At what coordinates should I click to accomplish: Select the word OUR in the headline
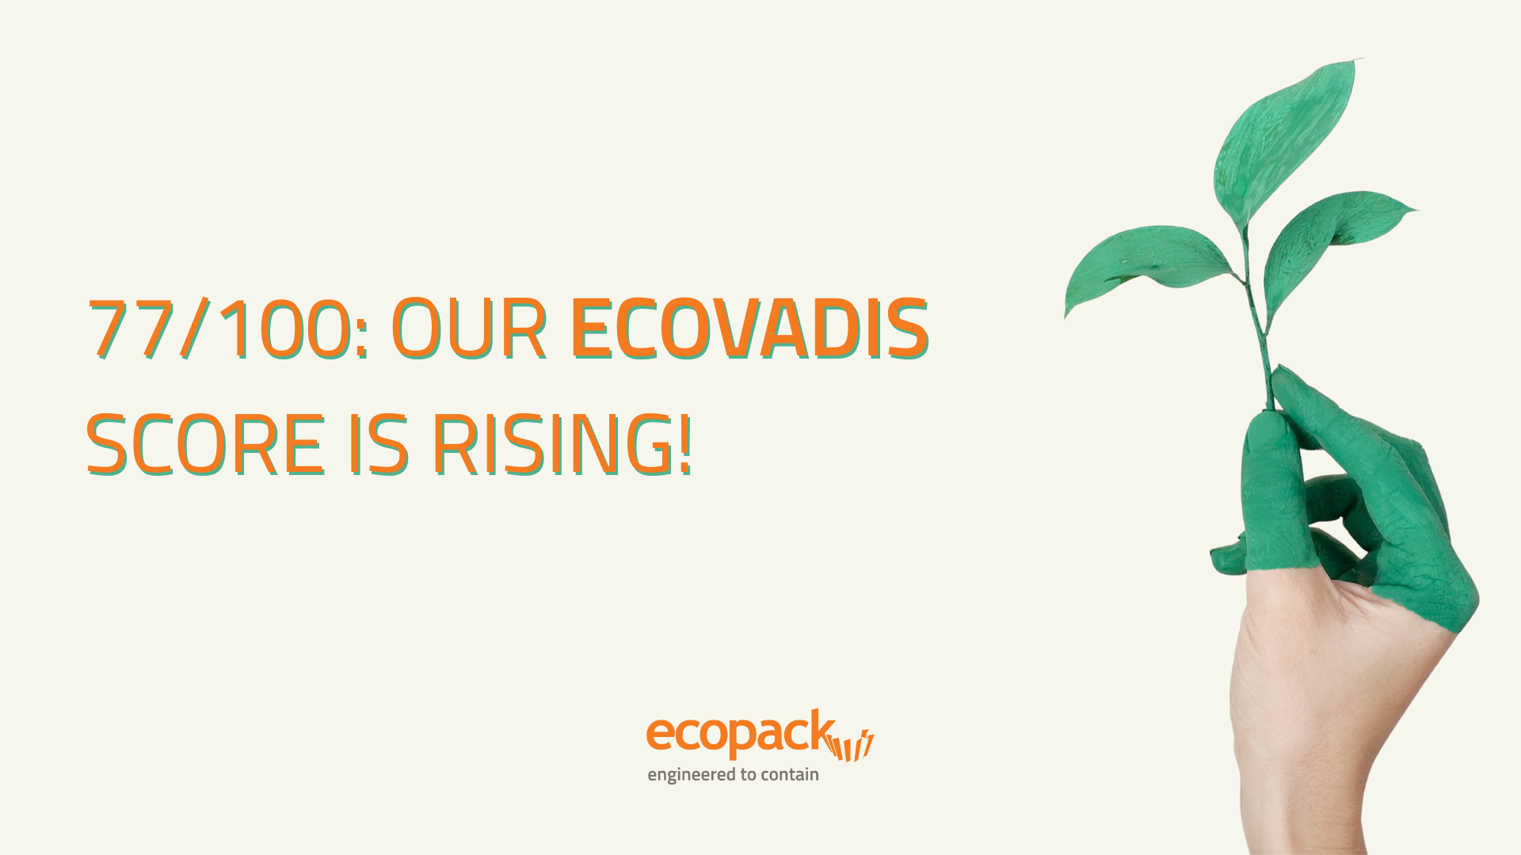(x=469, y=329)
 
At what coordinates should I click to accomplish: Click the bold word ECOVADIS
(x=749, y=329)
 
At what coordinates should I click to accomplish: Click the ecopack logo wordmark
(x=739, y=733)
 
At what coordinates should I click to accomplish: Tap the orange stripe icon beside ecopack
(x=851, y=745)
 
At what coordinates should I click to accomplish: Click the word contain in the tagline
(x=790, y=774)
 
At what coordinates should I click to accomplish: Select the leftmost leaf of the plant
(x=1141, y=261)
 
